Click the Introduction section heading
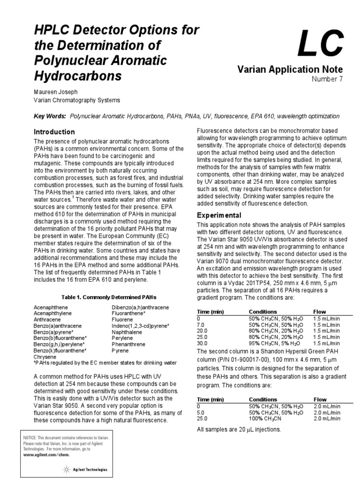[x=54, y=132]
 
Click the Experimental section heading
[x=219, y=215]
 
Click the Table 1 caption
[x=108, y=297]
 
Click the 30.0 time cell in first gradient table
[x=203, y=343]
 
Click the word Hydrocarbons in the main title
[x=78, y=76]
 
